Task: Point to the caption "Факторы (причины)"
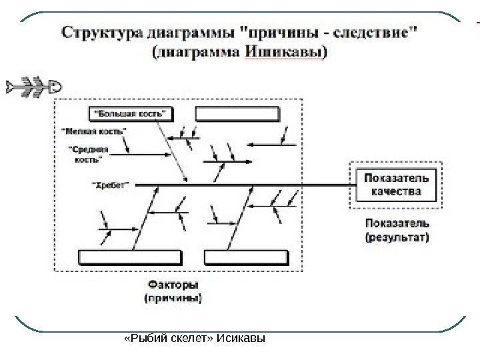[174, 293]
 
